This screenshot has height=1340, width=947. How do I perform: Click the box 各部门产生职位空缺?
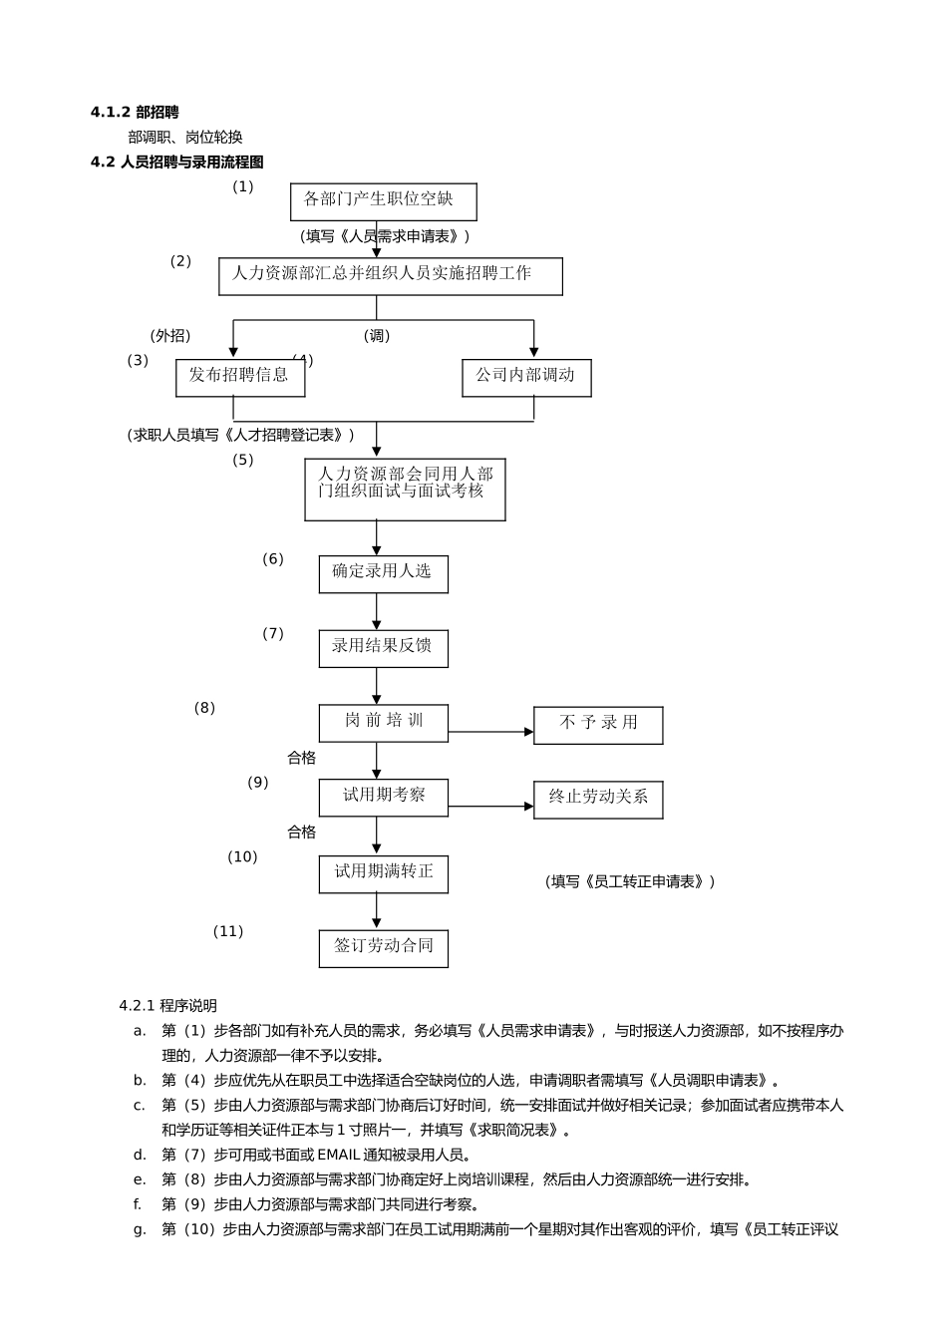[383, 201]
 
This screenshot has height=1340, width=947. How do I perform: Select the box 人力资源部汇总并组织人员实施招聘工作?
[390, 276]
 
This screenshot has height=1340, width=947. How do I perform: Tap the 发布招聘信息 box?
[239, 377]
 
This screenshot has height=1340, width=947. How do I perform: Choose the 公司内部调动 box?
[526, 377]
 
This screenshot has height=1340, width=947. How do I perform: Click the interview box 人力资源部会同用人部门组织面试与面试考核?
[405, 489]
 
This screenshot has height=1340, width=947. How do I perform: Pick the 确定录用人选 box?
[383, 573]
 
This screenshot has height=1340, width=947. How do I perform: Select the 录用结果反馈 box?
[383, 648]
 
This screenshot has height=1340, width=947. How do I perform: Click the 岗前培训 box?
[383, 723]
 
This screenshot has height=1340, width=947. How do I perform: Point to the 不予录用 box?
[598, 725]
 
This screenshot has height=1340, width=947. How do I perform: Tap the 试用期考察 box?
[383, 798]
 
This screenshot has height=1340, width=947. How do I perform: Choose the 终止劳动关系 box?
[598, 800]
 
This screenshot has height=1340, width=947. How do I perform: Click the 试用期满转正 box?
[383, 873]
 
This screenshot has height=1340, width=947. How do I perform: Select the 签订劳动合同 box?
[383, 948]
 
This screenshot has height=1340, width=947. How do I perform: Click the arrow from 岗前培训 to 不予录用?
[490, 732]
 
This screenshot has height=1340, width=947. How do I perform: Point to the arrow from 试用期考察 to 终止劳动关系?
[490, 807]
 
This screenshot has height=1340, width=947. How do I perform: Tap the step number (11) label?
[228, 931]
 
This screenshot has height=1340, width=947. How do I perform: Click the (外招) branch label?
[170, 336]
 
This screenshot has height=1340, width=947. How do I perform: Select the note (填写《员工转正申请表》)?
[630, 881]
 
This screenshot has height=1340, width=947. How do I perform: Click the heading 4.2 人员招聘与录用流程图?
[177, 162]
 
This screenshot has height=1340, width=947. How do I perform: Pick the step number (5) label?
[243, 460]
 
